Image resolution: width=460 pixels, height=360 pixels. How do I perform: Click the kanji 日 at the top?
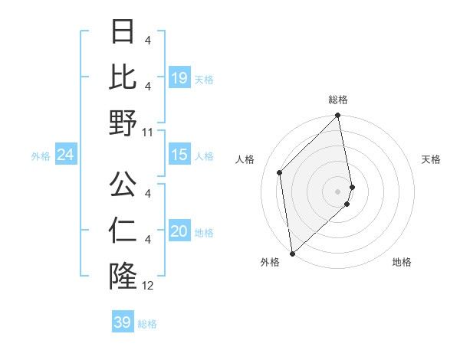click(x=123, y=33)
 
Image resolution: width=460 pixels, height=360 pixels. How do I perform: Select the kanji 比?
click(x=123, y=77)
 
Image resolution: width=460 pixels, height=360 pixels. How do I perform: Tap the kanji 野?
click(x=123, y=123)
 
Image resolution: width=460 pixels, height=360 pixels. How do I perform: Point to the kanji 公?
click(x=123, y=185)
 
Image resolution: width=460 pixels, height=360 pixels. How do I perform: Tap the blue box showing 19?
click(x=179, y=78)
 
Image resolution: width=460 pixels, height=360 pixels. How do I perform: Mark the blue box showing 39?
click(x=123, y=322)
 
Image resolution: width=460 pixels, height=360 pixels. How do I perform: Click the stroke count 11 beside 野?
click(x=148, y=133)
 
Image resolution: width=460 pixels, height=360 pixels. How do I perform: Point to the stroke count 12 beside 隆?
click(x=148, y=286)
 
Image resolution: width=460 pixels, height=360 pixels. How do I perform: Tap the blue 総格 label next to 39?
click(x=148, y=324)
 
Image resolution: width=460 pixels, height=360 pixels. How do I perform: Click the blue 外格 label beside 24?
click(x=41, y=156)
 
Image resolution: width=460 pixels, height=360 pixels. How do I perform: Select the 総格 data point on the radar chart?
click(x=337, y=116)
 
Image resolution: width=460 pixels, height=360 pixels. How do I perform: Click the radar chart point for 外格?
click(x=292, y=253)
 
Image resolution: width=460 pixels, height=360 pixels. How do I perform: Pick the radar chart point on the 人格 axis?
click(x=280, y=172)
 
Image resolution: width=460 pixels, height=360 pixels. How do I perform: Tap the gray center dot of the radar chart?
click(x=337, y=191)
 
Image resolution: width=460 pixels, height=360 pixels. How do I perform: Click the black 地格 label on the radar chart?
click(x=402, y=262)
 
